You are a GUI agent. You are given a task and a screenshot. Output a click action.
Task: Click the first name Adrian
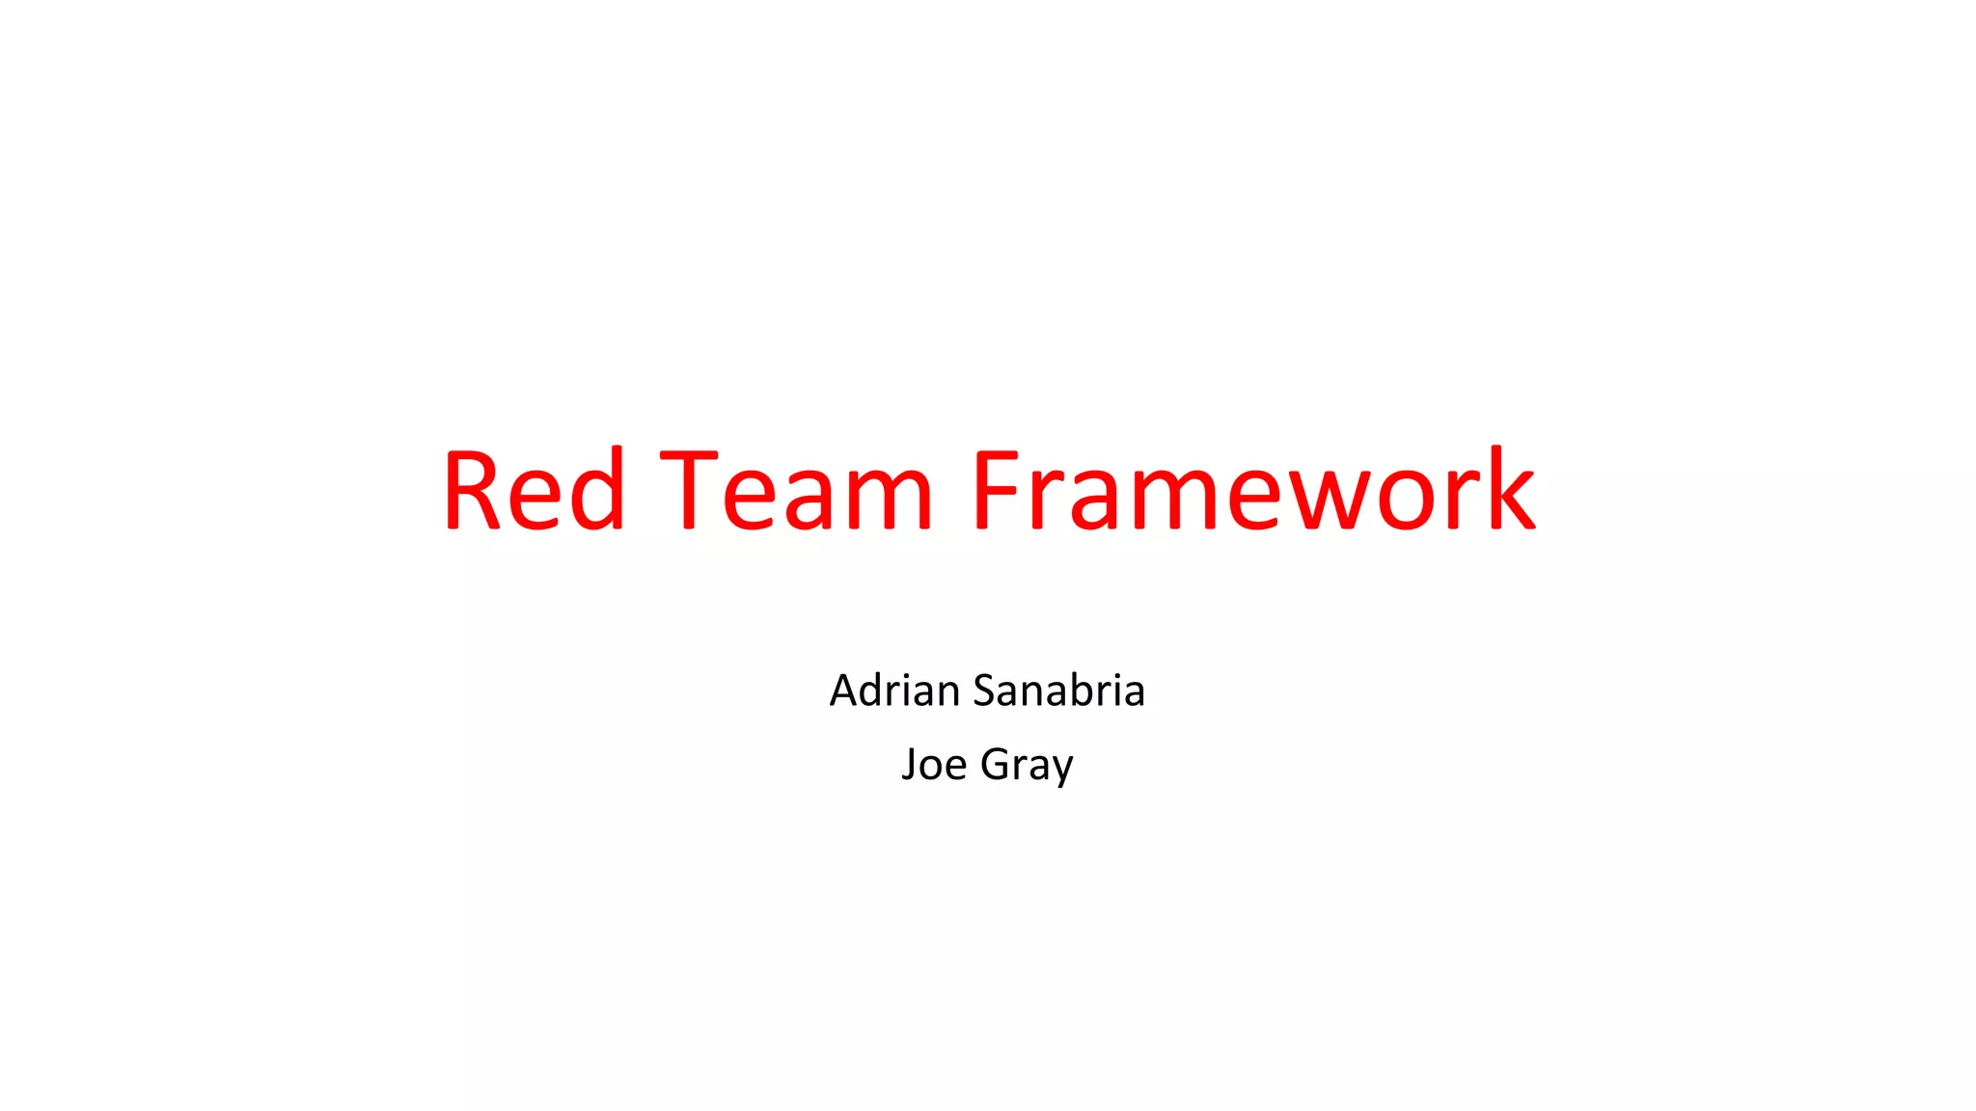point(894,691)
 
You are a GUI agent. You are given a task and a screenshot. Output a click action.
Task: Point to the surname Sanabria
point(1058,691)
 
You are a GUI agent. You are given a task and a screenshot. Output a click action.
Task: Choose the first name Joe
point(933,764)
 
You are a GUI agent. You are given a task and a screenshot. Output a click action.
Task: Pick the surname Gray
point(1027,766)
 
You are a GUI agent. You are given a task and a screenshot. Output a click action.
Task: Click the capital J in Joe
point(908,764)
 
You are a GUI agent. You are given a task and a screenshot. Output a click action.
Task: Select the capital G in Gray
point(996,764)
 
